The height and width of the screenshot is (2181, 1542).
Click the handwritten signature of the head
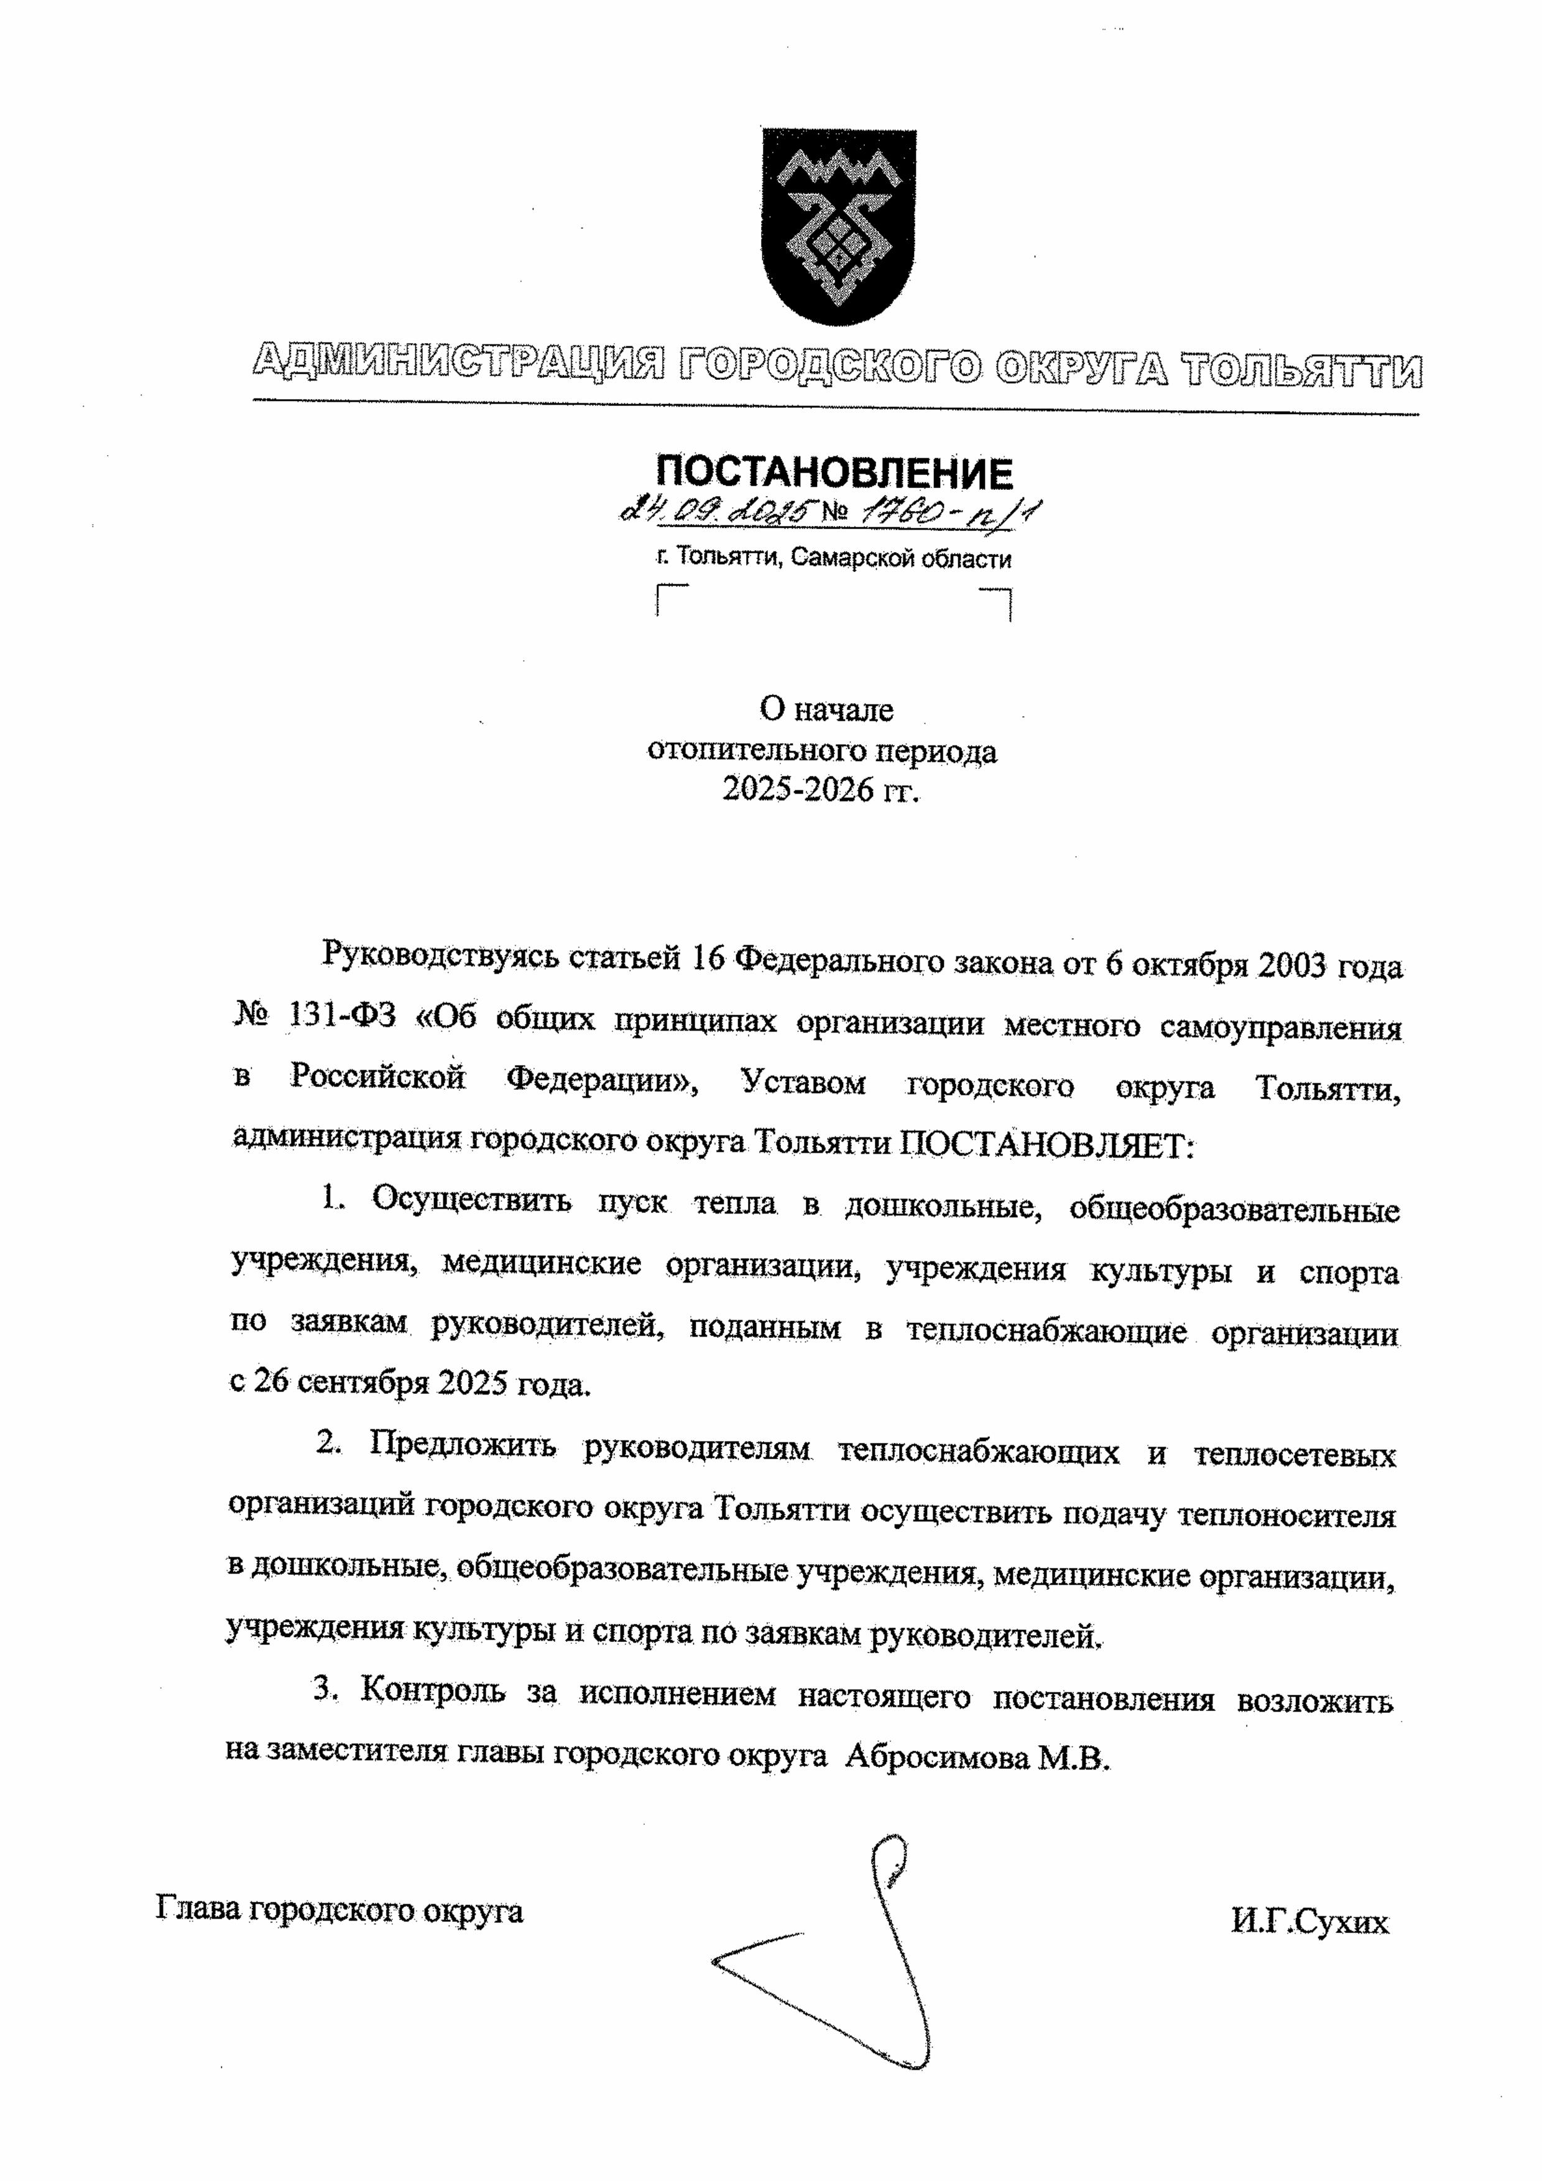pos(855,1957)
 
